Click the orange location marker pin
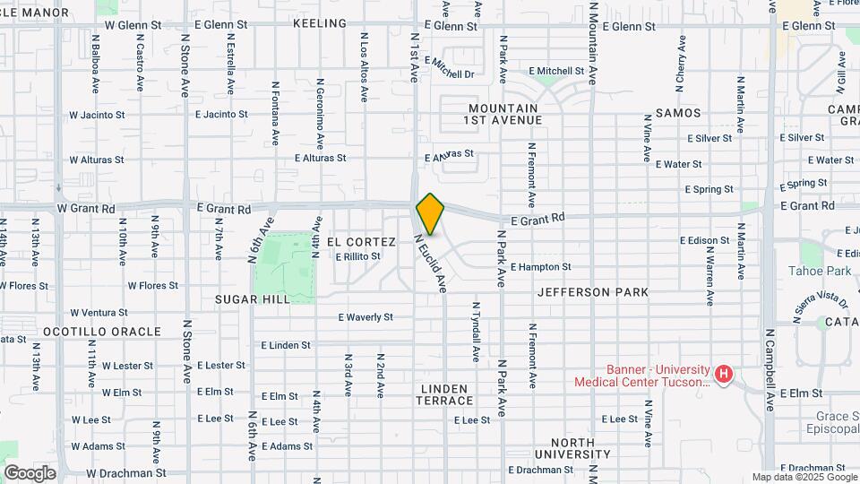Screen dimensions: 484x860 point(431,213)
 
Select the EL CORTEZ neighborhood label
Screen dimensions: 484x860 point(361,242)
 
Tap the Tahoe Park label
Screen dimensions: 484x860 point(819,271)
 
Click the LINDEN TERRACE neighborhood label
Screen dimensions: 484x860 point(443,394)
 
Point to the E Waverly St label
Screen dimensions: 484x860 point(365,317)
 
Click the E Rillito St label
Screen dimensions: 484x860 point(357,256)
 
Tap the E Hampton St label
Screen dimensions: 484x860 point(540,267)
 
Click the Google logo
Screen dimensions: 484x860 point(30,473)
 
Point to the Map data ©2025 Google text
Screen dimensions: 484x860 point(804,477)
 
